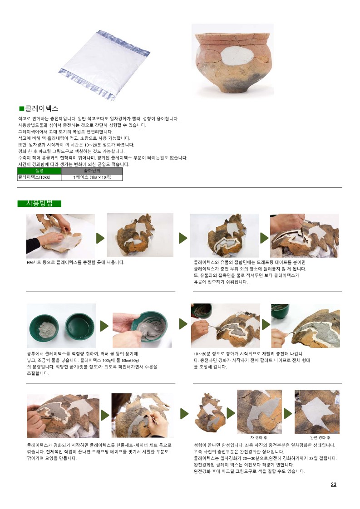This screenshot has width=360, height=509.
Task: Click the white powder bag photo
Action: [x=104, y=65]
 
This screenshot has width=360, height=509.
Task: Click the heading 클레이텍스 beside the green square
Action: [x=42, y=108]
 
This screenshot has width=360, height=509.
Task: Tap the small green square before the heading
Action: [x=22, y=108]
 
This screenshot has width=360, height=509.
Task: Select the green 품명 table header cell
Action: [x=39, y=171]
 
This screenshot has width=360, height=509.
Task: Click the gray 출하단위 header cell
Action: [x=92, y=171]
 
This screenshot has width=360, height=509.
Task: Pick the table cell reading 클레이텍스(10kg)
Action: [x=39, y=177]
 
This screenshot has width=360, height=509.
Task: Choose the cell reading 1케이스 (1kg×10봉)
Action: [x=92, y=177]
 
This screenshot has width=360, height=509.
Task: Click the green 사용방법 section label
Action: [x=39, y=204]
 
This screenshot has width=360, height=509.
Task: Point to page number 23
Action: [x=333, y=485]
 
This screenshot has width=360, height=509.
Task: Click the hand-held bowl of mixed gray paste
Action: [x=152, y=328]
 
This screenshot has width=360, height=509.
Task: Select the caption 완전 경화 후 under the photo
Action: [x=320, y=438]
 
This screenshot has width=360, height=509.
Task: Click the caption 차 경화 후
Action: [x=259, y=438]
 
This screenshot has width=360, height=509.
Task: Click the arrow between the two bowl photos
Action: [x=104, y=326]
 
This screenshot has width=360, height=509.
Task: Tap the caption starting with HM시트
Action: [x=75, y=262]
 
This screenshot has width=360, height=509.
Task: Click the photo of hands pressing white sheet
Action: [x=60, y=236]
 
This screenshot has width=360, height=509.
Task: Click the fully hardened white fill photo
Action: [x=317, y=412]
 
